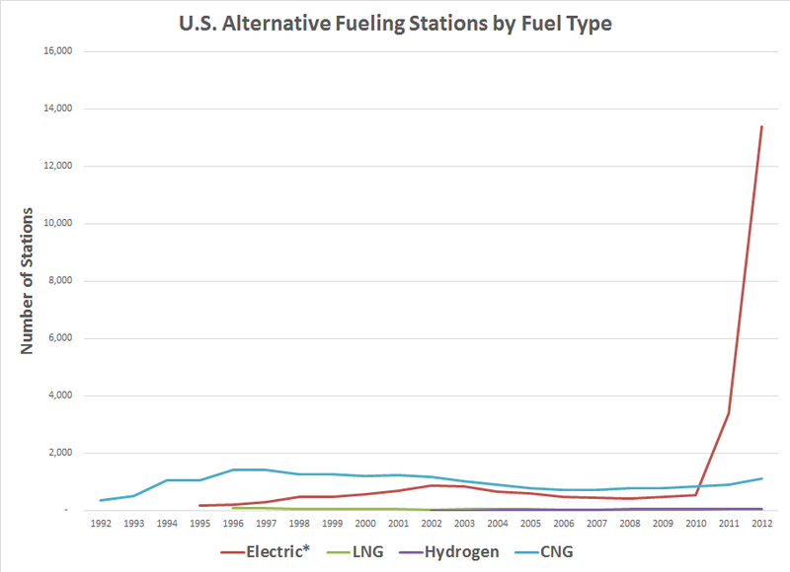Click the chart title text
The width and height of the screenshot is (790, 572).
point(395,23)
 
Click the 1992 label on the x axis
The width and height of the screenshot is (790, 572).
point(101,525)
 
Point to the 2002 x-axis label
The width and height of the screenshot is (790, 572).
point(432,525)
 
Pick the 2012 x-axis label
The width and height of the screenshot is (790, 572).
point(760,525)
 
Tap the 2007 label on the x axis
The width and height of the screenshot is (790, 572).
point(596,525)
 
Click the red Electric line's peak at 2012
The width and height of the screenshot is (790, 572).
point(760,126)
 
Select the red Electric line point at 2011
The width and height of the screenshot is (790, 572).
point(728,413)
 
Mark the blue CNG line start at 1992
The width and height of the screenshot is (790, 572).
point(101,500)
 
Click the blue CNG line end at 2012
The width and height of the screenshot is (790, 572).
point(760,478)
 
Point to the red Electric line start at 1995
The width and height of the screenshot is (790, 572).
point(199,506)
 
